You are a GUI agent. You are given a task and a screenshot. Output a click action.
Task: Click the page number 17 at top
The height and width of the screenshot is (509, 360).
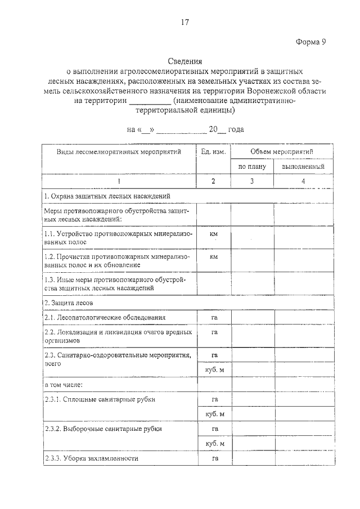coord(184,22)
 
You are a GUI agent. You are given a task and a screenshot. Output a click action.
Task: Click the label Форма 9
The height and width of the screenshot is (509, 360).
coord(310,43)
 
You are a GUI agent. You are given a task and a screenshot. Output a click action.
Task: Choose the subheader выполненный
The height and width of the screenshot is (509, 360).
coord(303,167)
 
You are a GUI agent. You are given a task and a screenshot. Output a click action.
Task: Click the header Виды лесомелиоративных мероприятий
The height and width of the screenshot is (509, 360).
coord(119,152)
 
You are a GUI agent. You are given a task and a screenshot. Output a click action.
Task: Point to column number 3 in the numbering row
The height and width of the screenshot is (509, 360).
coord(252,181)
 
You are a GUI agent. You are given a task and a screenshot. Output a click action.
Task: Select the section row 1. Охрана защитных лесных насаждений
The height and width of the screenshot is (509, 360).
coord(106,196)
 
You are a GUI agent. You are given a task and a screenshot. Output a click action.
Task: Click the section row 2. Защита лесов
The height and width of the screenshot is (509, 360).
coord(68,303)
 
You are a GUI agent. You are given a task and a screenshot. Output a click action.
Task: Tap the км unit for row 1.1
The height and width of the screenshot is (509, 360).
coord(214,233)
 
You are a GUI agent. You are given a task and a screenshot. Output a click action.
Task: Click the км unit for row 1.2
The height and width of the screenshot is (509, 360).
coord(214,256)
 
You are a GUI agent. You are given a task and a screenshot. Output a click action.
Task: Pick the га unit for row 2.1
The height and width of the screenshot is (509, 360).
coord(214,318)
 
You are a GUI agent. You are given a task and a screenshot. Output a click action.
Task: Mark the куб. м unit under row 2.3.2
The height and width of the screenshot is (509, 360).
coord(214,443)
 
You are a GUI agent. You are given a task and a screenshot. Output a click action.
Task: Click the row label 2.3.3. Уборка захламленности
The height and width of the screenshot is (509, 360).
coord(91,458)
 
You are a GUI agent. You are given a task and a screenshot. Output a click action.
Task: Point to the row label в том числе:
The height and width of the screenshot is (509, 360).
coord(64,385)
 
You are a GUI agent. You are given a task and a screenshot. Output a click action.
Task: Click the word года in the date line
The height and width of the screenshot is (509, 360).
coord(236,129)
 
